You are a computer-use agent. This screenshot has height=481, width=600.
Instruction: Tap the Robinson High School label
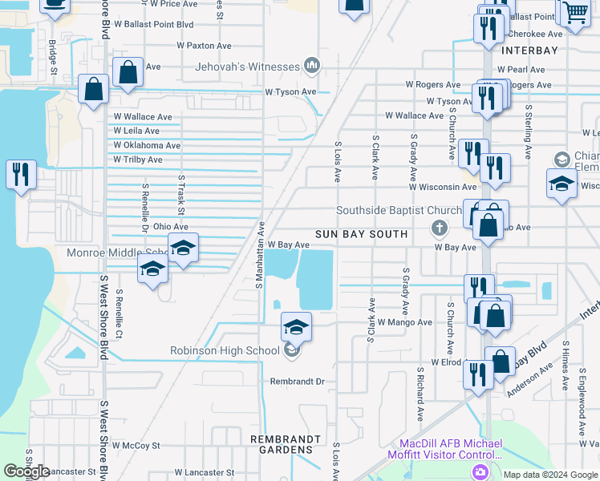[x=225, y=350]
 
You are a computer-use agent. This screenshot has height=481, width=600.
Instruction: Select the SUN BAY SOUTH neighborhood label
[x=361, y=233]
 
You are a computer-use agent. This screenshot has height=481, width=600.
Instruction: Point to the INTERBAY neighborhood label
[x=529, y=50]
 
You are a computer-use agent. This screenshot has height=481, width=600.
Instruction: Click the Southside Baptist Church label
[x=399, y=211]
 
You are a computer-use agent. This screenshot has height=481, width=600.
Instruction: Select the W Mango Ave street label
[x=405, y=321]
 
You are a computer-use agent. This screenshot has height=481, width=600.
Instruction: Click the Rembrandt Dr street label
[x=297, y=382]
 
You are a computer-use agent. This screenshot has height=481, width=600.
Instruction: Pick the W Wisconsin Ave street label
[x=443, y=187]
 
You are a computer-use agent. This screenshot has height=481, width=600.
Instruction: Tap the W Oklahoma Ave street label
[x=147, y=145]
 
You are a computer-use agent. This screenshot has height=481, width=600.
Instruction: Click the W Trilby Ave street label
[x=138, y=160]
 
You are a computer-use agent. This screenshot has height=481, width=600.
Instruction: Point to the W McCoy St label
[x=136, y=445]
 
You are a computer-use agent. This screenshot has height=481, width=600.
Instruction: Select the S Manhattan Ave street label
[x=259, y=255]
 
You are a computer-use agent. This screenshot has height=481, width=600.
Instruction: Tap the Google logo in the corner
[x=26, y=471]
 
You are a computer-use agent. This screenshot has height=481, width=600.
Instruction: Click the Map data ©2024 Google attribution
[x=550, y=475]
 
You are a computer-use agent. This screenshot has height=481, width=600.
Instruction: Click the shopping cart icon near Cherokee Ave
[x=575, y=14]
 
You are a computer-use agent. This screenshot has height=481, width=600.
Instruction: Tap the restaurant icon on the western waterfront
[x=20, y=174]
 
